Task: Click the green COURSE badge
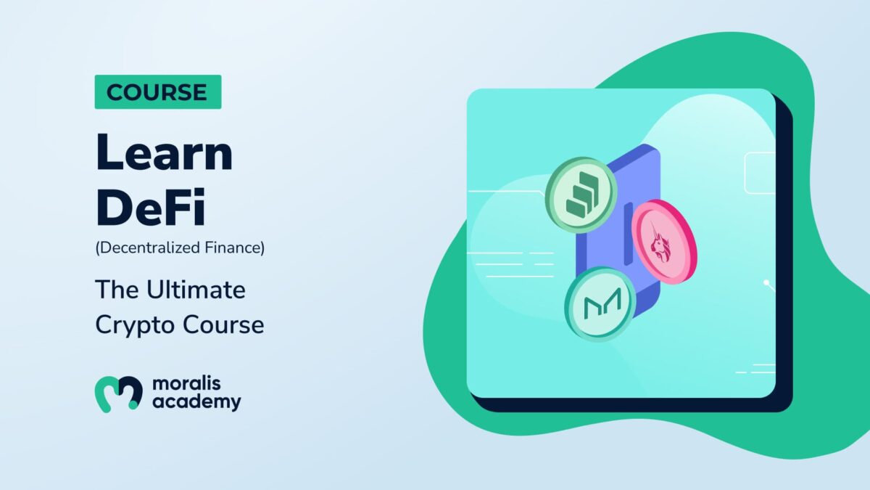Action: pos(158,91)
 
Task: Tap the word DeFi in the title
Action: pos(150,207)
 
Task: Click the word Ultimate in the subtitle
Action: pos(196,290)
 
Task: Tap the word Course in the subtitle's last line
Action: pos(223,324)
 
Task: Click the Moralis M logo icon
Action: pos(118,393)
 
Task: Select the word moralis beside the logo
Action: pos(186,384)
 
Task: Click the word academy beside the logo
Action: pos(196,402)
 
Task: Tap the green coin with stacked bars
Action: pos(581,195)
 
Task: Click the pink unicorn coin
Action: pos(664,242)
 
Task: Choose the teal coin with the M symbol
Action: pos(600,304)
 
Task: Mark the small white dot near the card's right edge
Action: pos(766,282)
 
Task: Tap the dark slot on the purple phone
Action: pos(628,234)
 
